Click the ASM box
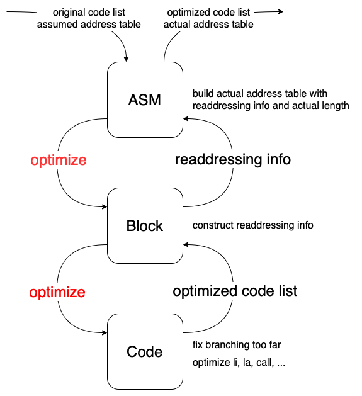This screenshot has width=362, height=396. point(145,99)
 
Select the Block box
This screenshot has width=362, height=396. point(145,225)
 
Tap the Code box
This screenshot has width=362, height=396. point(145,351)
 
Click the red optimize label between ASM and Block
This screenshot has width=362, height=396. point(59,161)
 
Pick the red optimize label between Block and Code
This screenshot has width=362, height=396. point(57,293)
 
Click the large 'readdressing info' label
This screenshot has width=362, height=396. point(233,159)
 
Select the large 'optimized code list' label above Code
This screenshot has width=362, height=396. point(235,291)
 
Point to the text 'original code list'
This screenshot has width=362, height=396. point(89,12)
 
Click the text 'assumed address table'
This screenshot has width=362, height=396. point(89,25)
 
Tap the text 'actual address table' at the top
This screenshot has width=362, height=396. point(208,25)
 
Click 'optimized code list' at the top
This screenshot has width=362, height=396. point(208,12)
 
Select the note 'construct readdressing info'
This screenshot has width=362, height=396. point(253,225)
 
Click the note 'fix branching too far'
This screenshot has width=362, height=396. point(237,345)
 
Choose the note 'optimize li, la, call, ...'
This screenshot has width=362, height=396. point(239,363)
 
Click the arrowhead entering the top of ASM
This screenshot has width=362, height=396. point(127,59)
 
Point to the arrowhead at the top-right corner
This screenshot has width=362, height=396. point(281,11)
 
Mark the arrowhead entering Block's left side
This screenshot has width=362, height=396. point(105,207)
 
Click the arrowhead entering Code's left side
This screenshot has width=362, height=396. point(105,332)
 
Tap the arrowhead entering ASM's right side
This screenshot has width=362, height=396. point(186,119)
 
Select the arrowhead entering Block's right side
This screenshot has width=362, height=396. point(186,244)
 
